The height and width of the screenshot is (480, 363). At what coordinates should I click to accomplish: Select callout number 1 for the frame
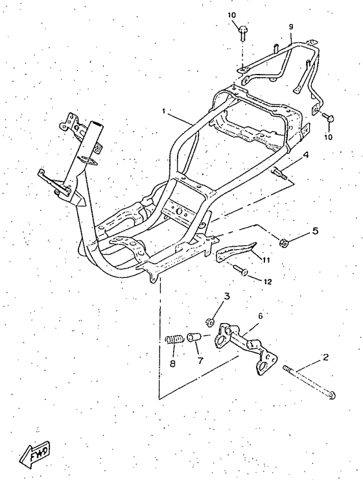click(164, 111)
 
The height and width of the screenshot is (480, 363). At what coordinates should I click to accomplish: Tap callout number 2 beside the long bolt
click(325, 357)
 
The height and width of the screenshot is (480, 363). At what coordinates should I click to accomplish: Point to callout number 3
click(227, 296)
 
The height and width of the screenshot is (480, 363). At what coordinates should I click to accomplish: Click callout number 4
click(305, 155)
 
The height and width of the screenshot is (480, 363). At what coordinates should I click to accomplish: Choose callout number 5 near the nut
click(314, 230)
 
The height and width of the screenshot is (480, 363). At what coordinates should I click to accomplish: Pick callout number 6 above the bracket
click(260, 316)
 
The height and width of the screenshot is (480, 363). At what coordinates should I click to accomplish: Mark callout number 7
click(200, 361)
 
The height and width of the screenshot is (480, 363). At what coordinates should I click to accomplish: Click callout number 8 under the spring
click(173, 365)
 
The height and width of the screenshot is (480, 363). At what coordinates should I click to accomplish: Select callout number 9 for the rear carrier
click(291, 27)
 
